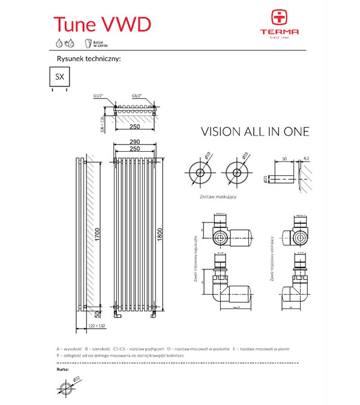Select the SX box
59,77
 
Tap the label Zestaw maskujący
218,196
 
